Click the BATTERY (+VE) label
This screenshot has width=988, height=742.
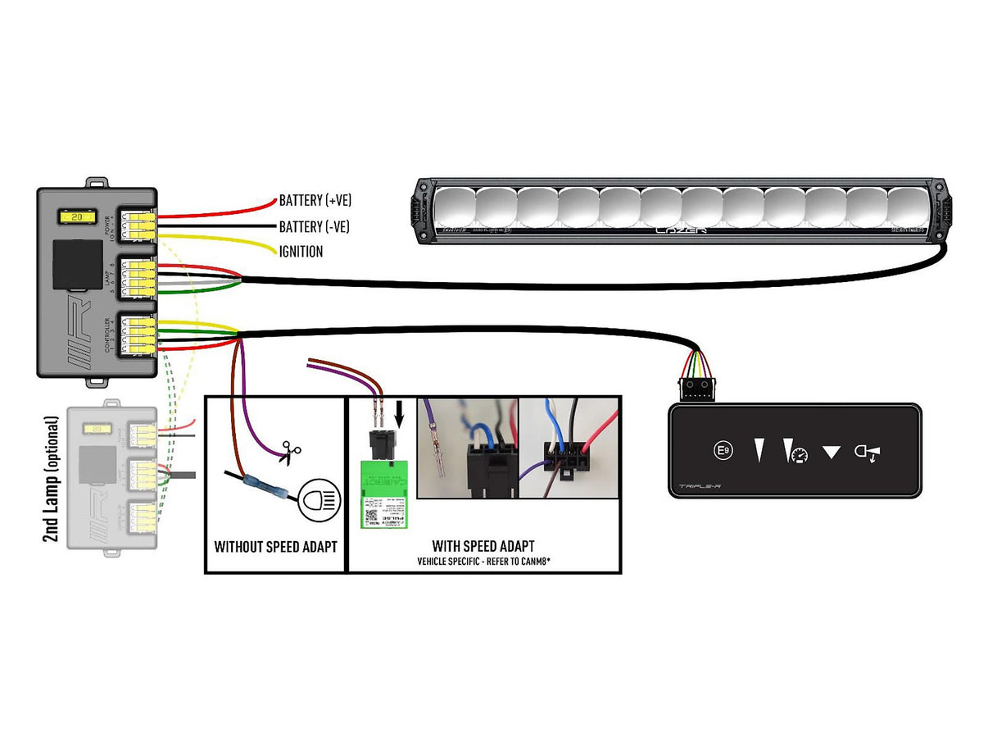[315, 200]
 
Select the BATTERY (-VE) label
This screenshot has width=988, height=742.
[315, 226]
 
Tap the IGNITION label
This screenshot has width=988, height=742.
[301, 252]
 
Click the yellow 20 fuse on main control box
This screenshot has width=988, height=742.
[75, 219]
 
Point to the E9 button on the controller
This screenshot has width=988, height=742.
[723, 450]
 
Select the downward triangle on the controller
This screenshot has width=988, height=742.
[832, 452]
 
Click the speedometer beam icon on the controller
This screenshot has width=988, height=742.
[793, 451]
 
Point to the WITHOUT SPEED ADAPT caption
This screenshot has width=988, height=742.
[275, 546]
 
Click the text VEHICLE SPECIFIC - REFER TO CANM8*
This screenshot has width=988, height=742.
[483, 562]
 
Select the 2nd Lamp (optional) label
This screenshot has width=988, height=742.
[51, 480]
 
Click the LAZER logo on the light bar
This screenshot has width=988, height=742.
[679, 231]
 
